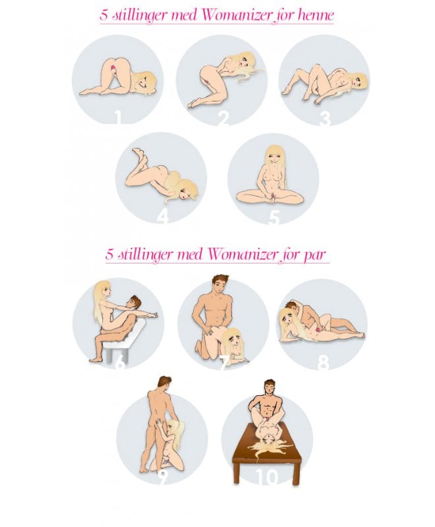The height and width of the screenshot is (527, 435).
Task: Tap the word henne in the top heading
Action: coord(316,15)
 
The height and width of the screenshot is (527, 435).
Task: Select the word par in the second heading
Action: coord(314,255)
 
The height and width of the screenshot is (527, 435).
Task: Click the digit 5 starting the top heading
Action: coord(104,15)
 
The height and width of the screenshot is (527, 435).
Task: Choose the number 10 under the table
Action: coord(267,477)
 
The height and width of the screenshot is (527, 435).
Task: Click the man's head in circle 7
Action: coord(220,286)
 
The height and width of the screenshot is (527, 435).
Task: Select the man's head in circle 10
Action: coord(270,389)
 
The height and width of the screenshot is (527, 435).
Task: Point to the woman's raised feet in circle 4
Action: coord(139,155)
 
